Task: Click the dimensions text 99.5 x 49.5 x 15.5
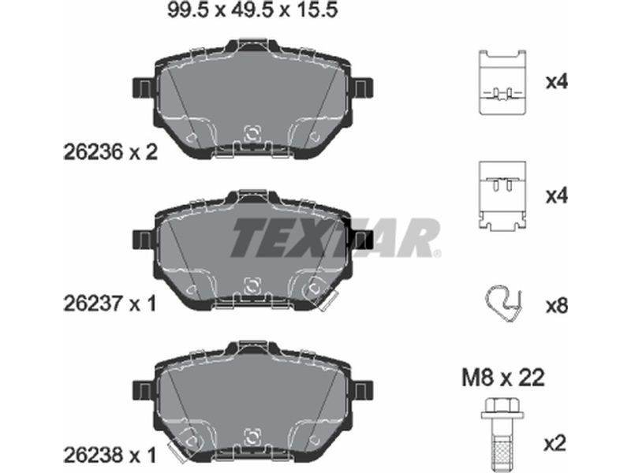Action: point(252,10)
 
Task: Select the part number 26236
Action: point(92,152)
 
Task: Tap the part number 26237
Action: point(92,304)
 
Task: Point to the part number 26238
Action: point(92,456)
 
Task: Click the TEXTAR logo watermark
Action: point(335,238)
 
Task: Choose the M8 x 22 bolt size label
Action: point(503,378)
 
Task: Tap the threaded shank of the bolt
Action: point(504,446)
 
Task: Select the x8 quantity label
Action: point(557,307)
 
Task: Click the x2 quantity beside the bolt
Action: point(555,444)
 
